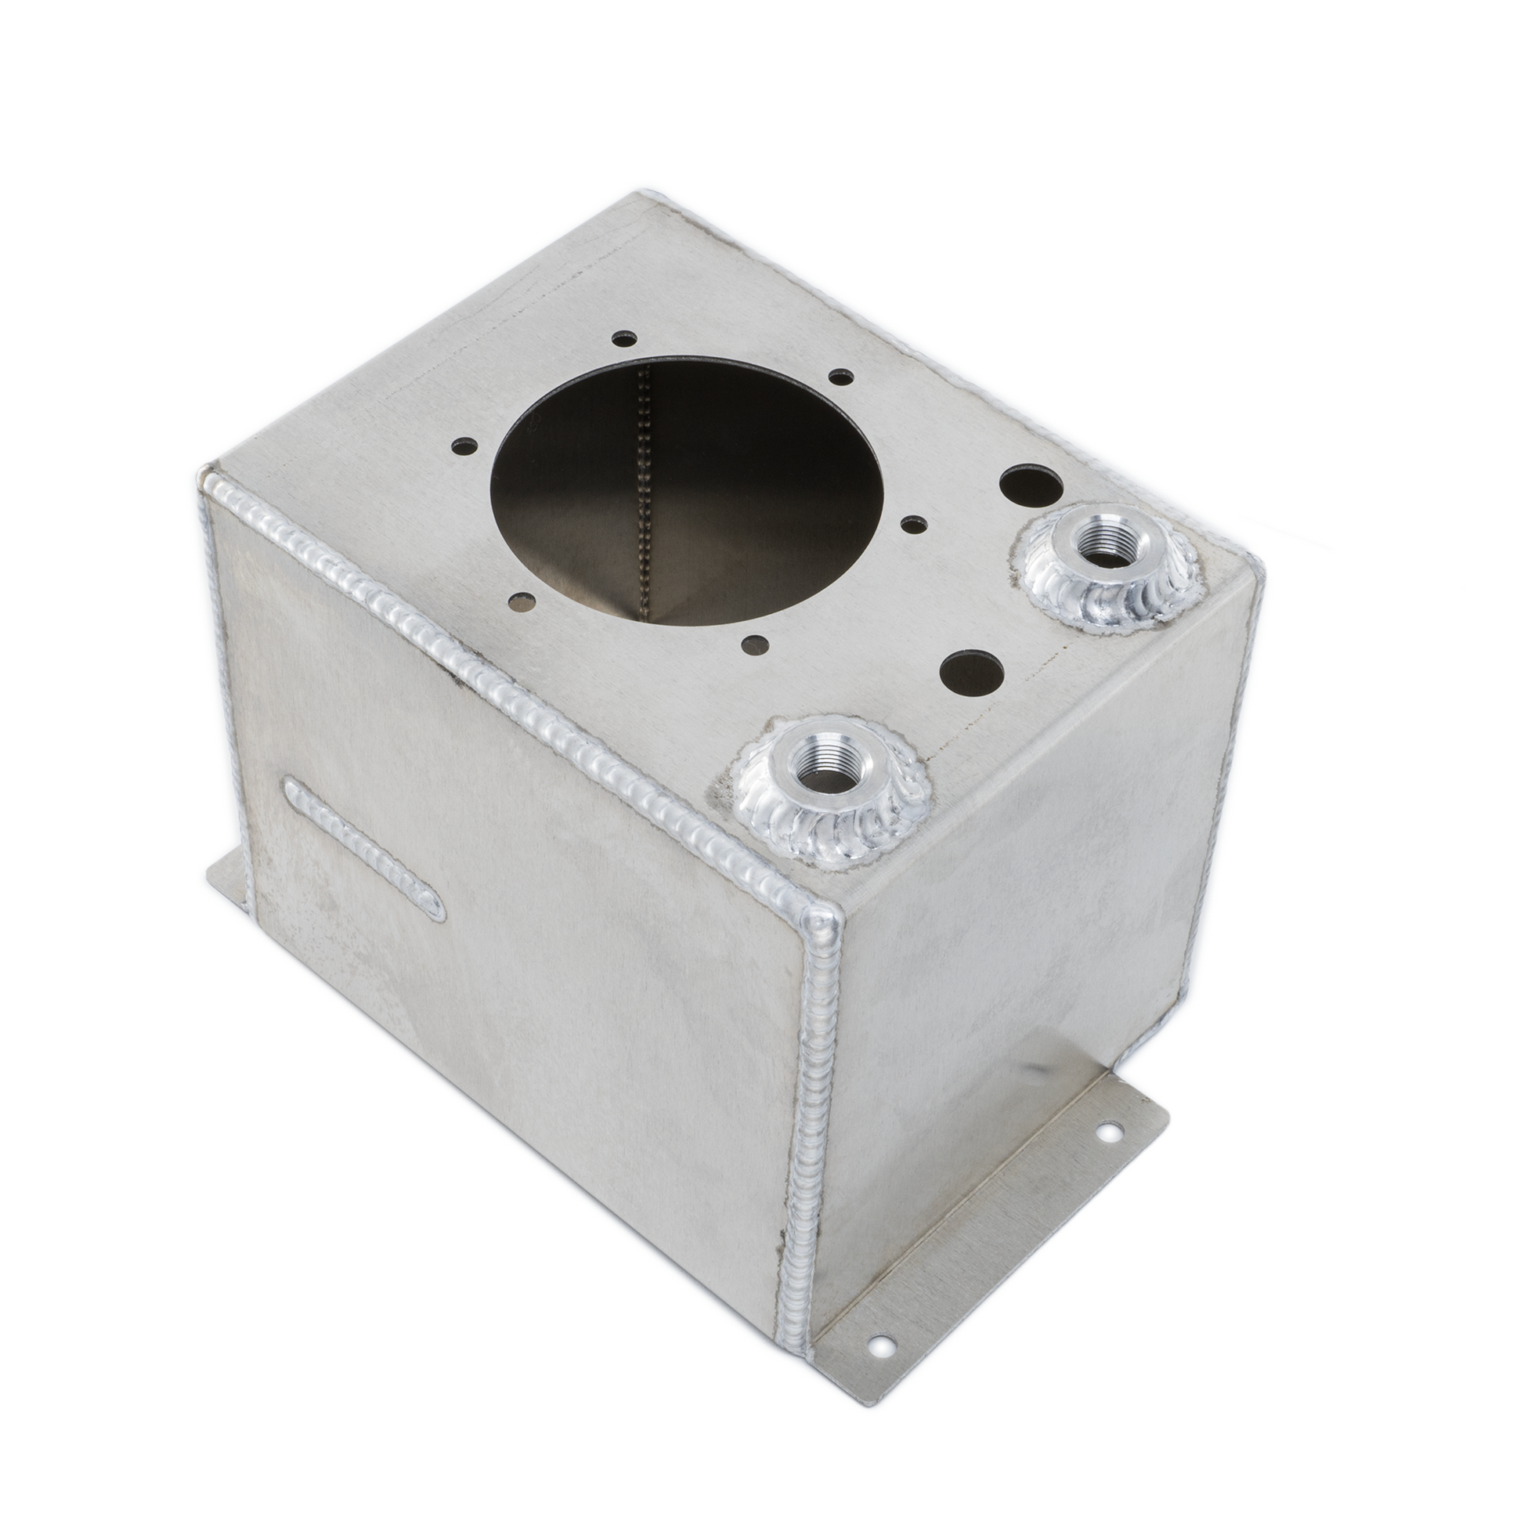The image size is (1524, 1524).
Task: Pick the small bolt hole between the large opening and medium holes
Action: coord(914,522)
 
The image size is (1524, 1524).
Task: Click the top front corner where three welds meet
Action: coord(821,918)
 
